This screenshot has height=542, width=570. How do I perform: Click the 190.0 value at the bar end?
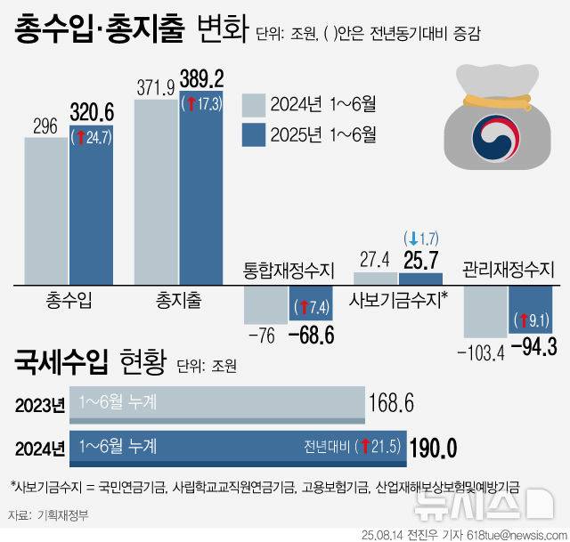click(433, 445)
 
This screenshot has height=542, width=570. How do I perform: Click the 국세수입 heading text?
click(61, 363)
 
